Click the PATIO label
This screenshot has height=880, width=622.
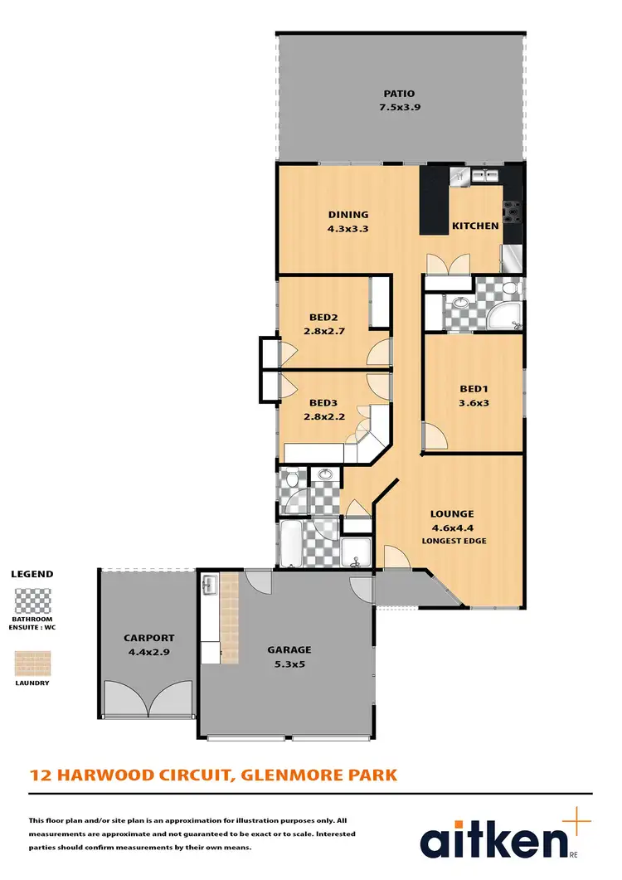399,94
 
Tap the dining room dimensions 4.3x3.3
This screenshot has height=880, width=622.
347,228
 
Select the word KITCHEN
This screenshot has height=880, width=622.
475,226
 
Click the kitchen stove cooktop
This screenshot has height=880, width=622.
514,213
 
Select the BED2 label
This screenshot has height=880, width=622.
323,317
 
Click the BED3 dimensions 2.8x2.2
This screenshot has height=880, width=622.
323,417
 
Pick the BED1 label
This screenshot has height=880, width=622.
474,388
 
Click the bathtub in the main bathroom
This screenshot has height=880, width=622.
291,544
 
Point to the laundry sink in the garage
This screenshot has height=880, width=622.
209,585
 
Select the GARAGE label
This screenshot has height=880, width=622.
288,650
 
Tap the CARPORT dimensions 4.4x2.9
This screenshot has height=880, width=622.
149,652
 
